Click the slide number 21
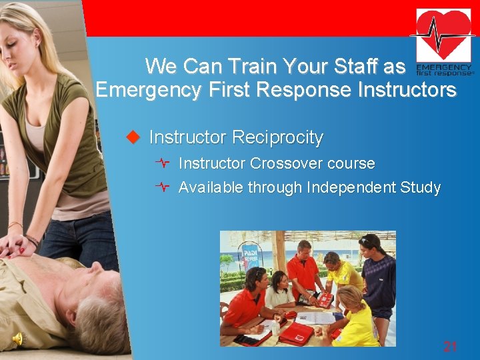tap(451, 346)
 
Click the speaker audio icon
tap(17, 339)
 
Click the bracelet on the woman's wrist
tap(31, 239)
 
